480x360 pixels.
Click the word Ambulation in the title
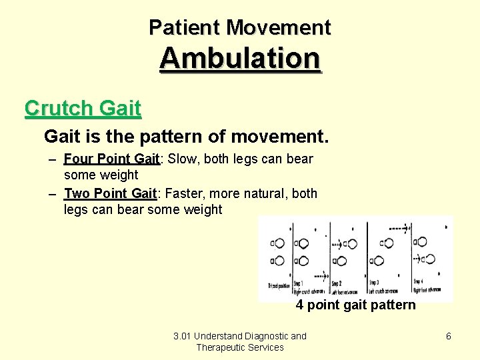(x=240, y=58)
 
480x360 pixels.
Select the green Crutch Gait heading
(x=83, y=108)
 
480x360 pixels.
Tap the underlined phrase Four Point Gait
(x=111, y=159)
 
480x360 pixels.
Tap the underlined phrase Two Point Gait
(x=110, y=193)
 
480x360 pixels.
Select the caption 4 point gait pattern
(x=355, y=305)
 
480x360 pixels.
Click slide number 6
(x=448, y=336)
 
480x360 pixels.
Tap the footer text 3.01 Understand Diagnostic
(x=239, y=336)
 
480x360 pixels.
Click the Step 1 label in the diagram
(x=299, y=283)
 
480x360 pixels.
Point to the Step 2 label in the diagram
(x=337, y=283)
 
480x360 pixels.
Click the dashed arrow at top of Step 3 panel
(x=399, y=229)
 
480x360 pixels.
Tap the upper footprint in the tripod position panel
(x=279, y=244)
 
